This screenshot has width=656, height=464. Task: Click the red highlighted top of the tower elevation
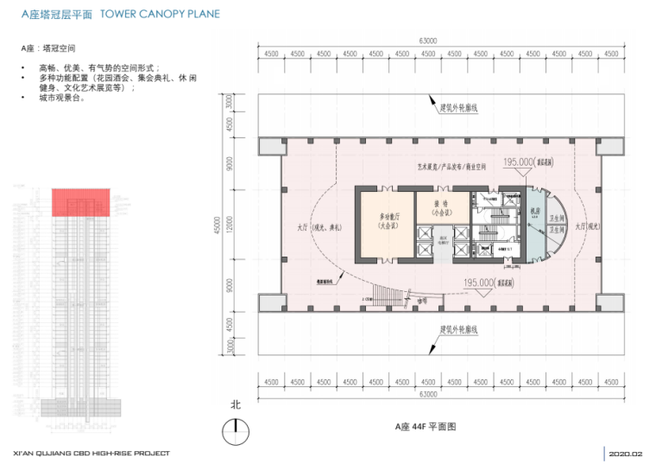point(80,201)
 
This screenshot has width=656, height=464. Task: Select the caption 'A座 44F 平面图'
point(425,427)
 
